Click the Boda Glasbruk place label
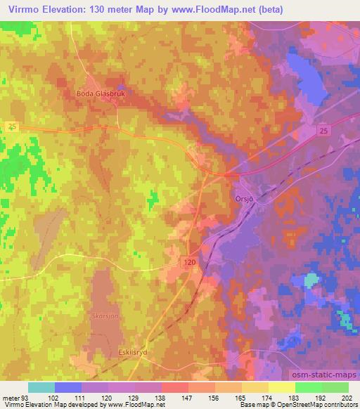pyautogui.click(x=105, y=92)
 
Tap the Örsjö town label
pyautogui.click(x=243, y=199)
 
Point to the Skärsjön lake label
pyautogui.click(x=105, y=316)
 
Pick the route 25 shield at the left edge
pyautogui.click(x=13, y=126)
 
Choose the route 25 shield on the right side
pyautogui.click(x=322, y=131)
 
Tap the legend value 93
pyautogui.click(x=27, y=397)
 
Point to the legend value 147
pyautogui.click(x=186, y=397)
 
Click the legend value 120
pyautogui.click(x=107, y=397)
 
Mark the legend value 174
pyautogui.click(x=267, y=397)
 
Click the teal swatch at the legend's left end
pyautogui.click(x=41, y=387)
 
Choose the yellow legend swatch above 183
pyautogui.click(x=281, y=387)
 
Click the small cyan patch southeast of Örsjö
pyautogui.click(x=310, y=280)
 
